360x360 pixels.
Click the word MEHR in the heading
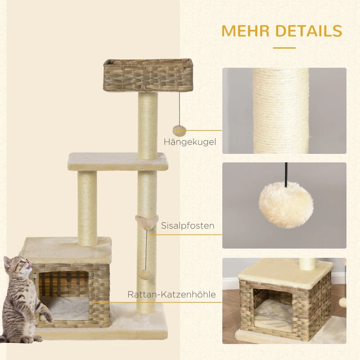tap(245, 31)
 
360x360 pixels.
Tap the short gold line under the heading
tap(284, 48)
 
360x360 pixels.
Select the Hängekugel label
tap(190, 142)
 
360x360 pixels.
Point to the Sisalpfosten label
tap(188, 225)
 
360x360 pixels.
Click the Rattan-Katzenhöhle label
tap(171, 294)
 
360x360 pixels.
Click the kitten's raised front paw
tap(48, 315)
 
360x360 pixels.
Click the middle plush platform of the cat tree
tap(117, 162)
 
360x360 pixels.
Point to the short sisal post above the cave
tap(87, 208)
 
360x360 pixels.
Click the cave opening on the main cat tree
tap(64, 296)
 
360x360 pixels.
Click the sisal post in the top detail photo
tap(280, 111)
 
